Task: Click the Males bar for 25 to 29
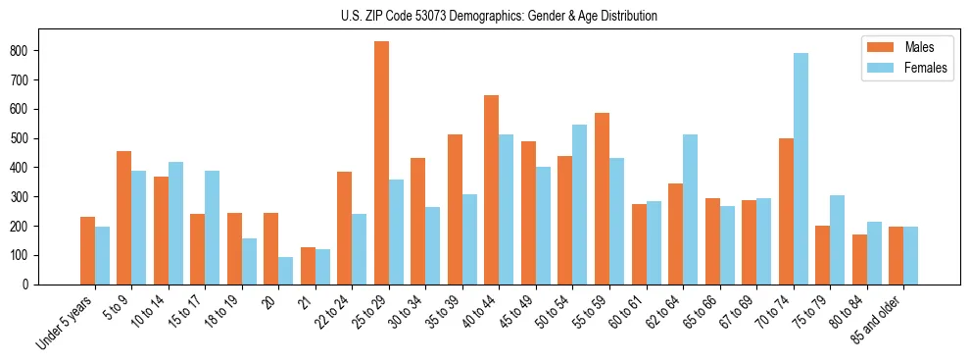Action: (381, 163)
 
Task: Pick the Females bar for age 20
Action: (285, 271)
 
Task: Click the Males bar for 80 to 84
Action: (859, 259)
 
